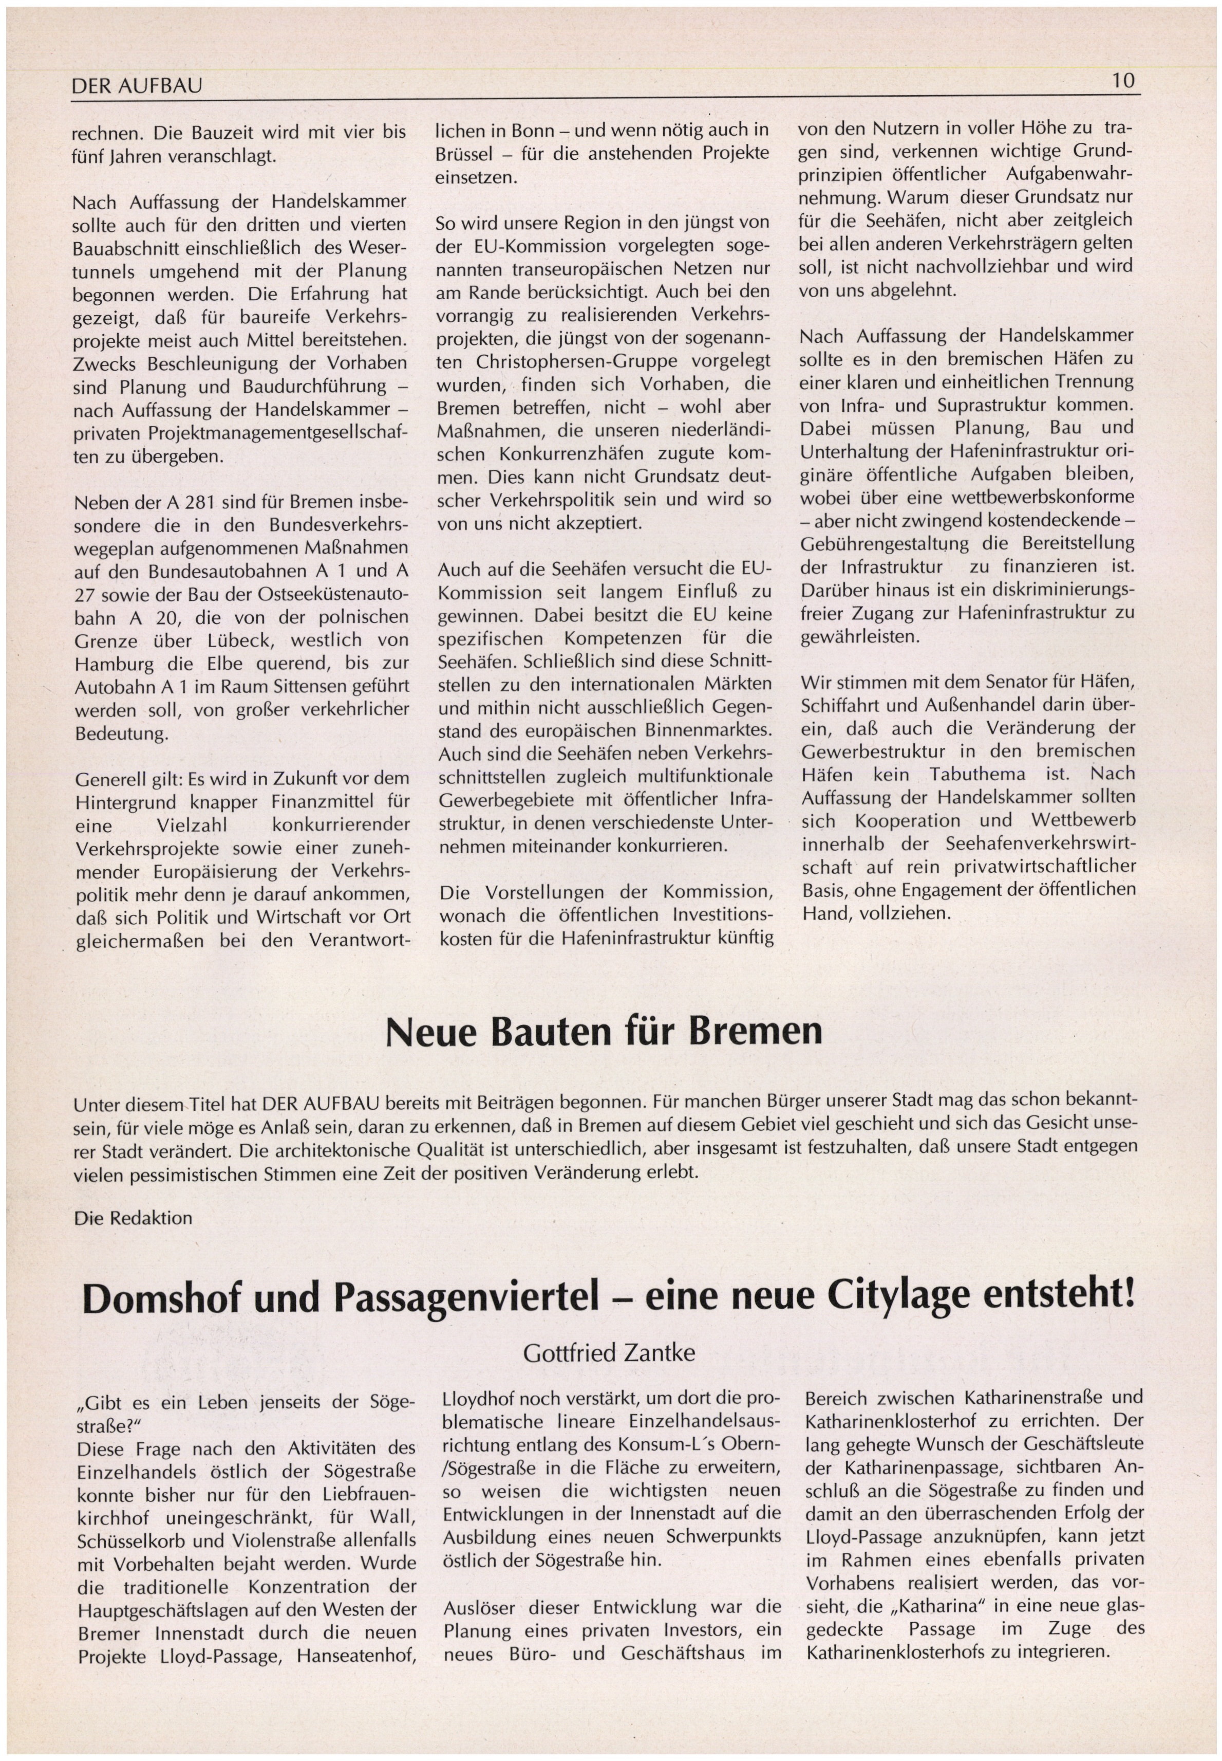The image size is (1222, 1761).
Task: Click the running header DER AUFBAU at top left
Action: [x=136, y=86]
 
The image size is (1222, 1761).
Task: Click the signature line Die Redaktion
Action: [x=133, y=1217]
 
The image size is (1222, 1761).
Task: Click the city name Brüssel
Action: [x=464, y=154]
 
